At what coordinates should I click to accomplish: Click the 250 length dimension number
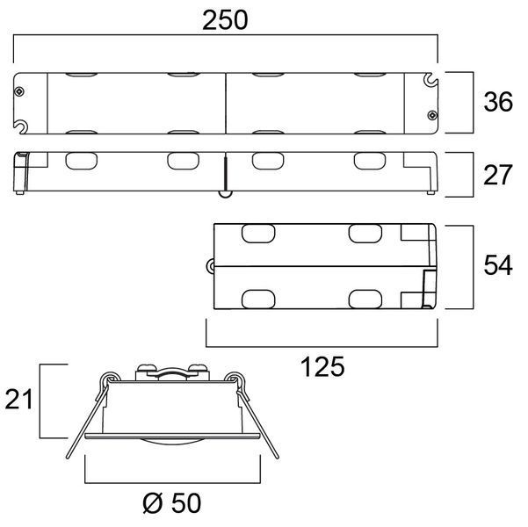(x=225, y=20)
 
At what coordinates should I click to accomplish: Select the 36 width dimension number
(x=498, y=101)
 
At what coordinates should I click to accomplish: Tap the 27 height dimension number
(x=498, y=175)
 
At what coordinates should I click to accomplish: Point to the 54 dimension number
(x=498, y=265)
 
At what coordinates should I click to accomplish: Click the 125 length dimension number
(x=322, y=366)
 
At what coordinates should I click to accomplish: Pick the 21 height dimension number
(x=18, y=399)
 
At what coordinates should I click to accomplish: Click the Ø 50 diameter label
(x=171, y=503)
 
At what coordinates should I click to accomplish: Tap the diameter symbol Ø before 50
(x=153, y=503)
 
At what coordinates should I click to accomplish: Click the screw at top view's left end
(x=19, y=91)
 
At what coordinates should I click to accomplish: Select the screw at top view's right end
(x=432, y=115)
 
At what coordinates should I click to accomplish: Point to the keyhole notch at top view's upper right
(x=430, y=79)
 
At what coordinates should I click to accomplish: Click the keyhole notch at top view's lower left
(x=21, y=126)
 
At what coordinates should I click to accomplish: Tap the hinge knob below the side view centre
(x=225, y=193)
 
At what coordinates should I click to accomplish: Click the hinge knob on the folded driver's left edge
(x=210, y=266)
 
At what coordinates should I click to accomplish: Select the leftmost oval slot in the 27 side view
(x=81, y=161)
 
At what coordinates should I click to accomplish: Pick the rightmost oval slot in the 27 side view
(x=370, y=161)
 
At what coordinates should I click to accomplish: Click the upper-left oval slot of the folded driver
(x=258, y=234)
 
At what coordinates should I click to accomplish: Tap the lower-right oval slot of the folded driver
(x=365, y=300)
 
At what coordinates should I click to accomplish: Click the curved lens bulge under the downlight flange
(x=172, y=442)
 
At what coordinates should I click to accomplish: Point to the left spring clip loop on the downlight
(x=107, y=379)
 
